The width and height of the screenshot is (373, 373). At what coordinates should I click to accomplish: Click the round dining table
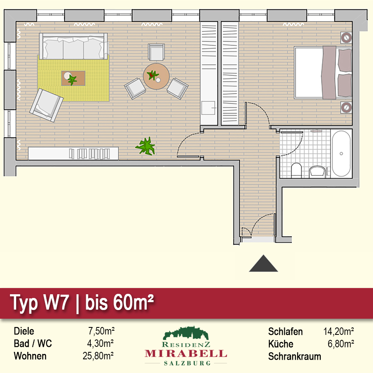pos(156,76)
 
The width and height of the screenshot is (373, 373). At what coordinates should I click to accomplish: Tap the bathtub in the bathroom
pos(341,153)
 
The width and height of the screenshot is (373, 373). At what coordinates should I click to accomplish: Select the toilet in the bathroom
pos(296,170)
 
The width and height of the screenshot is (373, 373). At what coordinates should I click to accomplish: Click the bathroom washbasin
pos(317,171)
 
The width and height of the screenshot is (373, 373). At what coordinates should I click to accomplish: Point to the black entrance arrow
pos(263,263)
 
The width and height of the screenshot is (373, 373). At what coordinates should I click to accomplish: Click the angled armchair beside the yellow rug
pos(46,105)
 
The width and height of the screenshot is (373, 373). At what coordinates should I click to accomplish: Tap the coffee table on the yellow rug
pos(73,78)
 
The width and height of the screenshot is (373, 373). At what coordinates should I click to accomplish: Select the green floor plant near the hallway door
pos(145,146)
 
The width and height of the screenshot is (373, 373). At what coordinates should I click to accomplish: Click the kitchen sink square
pos(208,108)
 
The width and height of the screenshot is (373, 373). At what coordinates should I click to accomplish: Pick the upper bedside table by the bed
pos(346,37)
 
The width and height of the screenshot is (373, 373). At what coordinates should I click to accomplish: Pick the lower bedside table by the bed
pos(346,107)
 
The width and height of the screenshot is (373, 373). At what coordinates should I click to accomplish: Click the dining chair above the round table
pos(156,52)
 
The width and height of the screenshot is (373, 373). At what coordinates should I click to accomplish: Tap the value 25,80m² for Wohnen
pos(98,356)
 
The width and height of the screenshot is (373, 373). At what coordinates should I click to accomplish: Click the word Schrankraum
pos(295,356)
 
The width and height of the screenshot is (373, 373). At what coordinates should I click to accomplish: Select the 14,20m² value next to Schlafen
pos(339,332)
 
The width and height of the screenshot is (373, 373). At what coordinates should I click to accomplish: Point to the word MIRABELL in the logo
pos(186,354)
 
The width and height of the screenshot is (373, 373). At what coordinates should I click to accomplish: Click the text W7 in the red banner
pos(56,303)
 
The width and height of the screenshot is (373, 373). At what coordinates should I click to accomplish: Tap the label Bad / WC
pos(33,344)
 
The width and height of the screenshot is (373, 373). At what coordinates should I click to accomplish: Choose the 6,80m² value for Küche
pos(341,344)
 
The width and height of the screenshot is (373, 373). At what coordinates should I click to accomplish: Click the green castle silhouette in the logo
pos(186,333)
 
